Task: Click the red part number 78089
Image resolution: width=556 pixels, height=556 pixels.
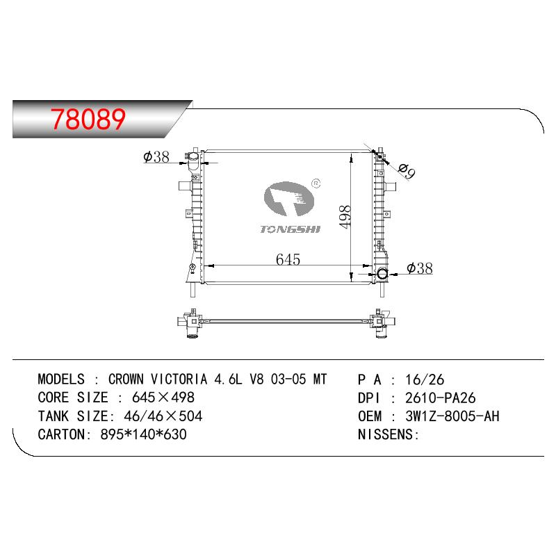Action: (88, 119)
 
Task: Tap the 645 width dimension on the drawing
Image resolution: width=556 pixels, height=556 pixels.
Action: (288, 259)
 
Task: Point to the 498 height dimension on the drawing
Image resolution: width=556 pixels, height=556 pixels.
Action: (345, 216)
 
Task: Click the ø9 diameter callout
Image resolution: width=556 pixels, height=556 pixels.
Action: (406, 172)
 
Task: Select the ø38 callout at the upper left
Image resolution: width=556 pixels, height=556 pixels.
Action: (156, 157)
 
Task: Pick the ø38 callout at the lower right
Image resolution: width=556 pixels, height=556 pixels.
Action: (420, 268)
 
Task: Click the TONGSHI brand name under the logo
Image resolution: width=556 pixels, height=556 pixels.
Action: (290, 229)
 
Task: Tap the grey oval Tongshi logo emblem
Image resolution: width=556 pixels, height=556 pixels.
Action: (288, 199)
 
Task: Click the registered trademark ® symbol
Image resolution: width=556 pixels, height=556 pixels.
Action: (316, 183)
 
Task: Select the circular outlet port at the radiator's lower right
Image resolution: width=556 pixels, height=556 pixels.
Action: (383, 274)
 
